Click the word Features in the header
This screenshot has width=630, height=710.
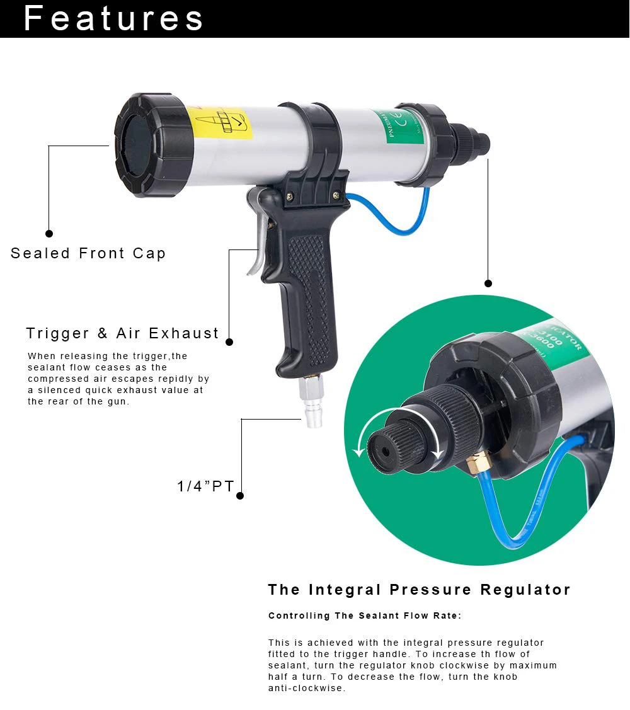[113, 18]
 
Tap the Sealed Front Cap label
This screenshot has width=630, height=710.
[88, 253]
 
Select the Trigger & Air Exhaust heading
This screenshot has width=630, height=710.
[122, 333]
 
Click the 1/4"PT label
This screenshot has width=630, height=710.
[205, 486]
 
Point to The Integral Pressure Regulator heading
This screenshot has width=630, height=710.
[419, 590]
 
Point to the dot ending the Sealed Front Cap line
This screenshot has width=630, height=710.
[49, 233]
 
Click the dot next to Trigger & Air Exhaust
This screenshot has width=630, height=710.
[229, 342]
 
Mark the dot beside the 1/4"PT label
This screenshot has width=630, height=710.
[240, 496]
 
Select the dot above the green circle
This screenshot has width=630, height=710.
[488, 283]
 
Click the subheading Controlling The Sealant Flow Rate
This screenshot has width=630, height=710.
[365, 616]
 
